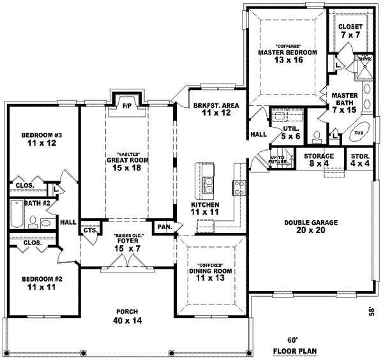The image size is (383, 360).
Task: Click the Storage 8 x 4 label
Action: (319, 160)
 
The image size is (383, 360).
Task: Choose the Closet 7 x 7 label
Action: (350, 31)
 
